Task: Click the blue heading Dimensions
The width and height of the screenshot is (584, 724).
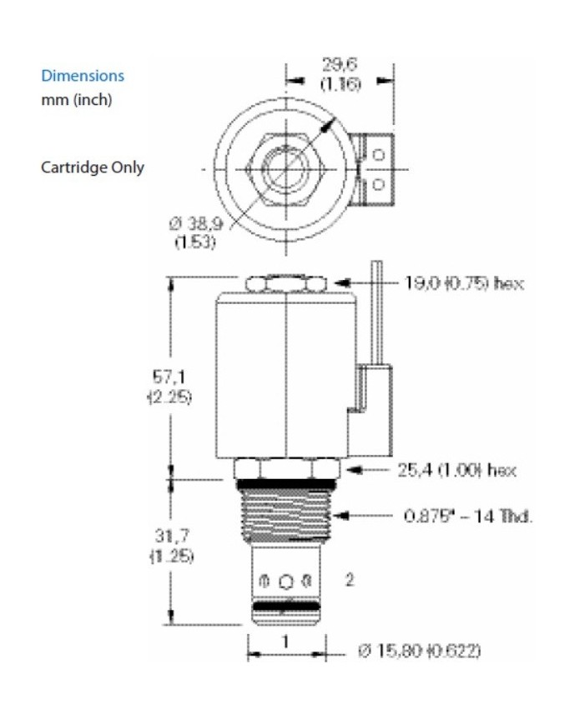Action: click(83, 76)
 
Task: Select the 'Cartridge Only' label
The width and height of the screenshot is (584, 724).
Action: click(93, 167)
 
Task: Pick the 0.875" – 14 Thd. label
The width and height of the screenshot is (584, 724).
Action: click(468, 517)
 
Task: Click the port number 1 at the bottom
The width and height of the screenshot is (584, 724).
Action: click(285, 642)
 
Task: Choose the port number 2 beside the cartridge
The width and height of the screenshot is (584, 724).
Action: click(350, 579)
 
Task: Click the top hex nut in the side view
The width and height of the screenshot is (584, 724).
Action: click(286, 285)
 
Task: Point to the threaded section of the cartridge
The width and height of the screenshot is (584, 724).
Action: click(286, 517)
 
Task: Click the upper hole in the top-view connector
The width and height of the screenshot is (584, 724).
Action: click(378, 155)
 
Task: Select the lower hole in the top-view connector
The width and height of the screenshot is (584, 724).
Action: click(378, 182)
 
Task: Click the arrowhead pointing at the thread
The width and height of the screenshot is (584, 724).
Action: click(340, 517)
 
